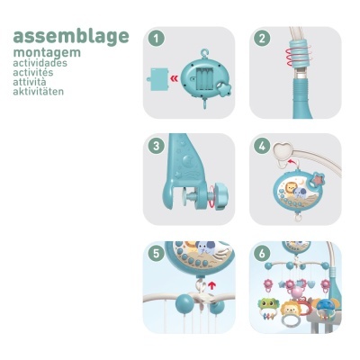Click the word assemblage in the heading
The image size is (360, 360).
[x=71, y=37]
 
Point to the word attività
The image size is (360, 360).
[x=30, y=82]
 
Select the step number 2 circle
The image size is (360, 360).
[x=262, y=39]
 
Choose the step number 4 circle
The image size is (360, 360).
[x=262, y=146]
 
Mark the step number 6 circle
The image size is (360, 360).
[x=262, y=254]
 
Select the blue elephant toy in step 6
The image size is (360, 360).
[x=327, y=302]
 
